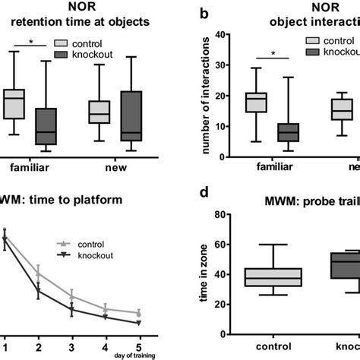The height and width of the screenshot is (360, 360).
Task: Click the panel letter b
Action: [x=203, y=14]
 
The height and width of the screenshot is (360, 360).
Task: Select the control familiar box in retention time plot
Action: [x=14, y=104]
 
